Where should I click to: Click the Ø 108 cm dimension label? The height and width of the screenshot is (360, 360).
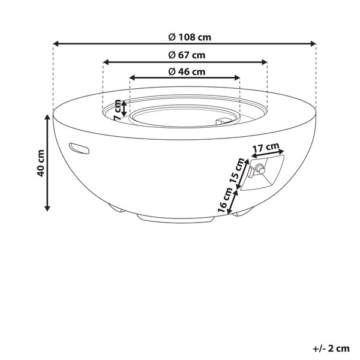pyautogui.click(x=190, y=37)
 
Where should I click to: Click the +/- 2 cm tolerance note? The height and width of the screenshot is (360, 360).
pyautogui.click(x=331, y=347)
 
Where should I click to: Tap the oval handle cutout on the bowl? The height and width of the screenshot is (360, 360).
pyautogui.click(x=79, y=146)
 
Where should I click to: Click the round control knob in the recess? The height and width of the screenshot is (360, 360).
pyautogui.click(x=259, y=170)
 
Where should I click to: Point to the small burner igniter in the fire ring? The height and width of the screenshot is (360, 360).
pyautogui.click(x=226, y=122)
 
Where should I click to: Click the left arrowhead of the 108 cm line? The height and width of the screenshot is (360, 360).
pyautogui.click(x=56, y=43)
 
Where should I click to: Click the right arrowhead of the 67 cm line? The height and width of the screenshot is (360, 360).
pyautogui.click(x=264, y=61)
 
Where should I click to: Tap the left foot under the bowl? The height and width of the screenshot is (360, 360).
pyautogui.click(x=115, y=210)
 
